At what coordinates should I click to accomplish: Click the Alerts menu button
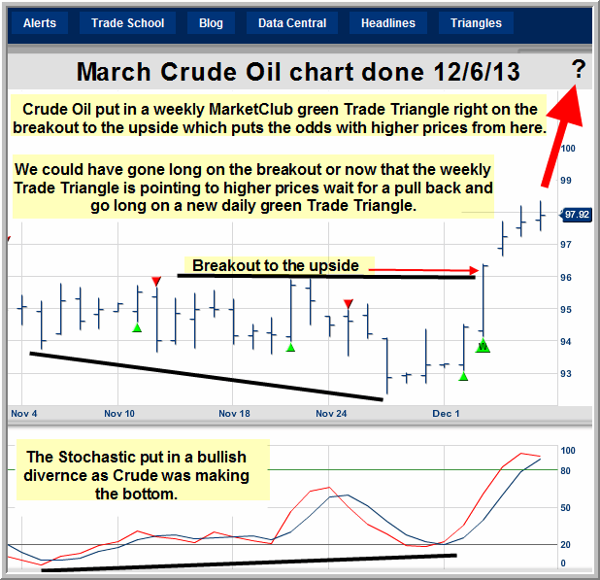(40, 23)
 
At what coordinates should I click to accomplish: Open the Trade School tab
(127, 23)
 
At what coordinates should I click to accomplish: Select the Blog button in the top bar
(211, 23)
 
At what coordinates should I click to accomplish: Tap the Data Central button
(292, 23)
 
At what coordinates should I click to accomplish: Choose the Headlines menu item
(388, 23)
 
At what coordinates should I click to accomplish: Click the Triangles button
(476, 23)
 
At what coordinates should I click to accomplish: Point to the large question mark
(579, 69)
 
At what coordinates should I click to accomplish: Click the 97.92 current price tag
(577, 215)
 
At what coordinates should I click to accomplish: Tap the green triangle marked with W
(483, 346)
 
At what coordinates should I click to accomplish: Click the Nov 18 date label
(234, 414)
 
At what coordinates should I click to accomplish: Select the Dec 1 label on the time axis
(446, 414)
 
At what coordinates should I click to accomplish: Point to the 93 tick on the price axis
(566, 374)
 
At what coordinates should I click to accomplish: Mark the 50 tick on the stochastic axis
(566, 508)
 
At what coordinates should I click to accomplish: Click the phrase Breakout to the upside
(276, 265)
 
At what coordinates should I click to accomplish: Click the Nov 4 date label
(23, 414)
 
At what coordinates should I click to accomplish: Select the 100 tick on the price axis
(568, 149)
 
